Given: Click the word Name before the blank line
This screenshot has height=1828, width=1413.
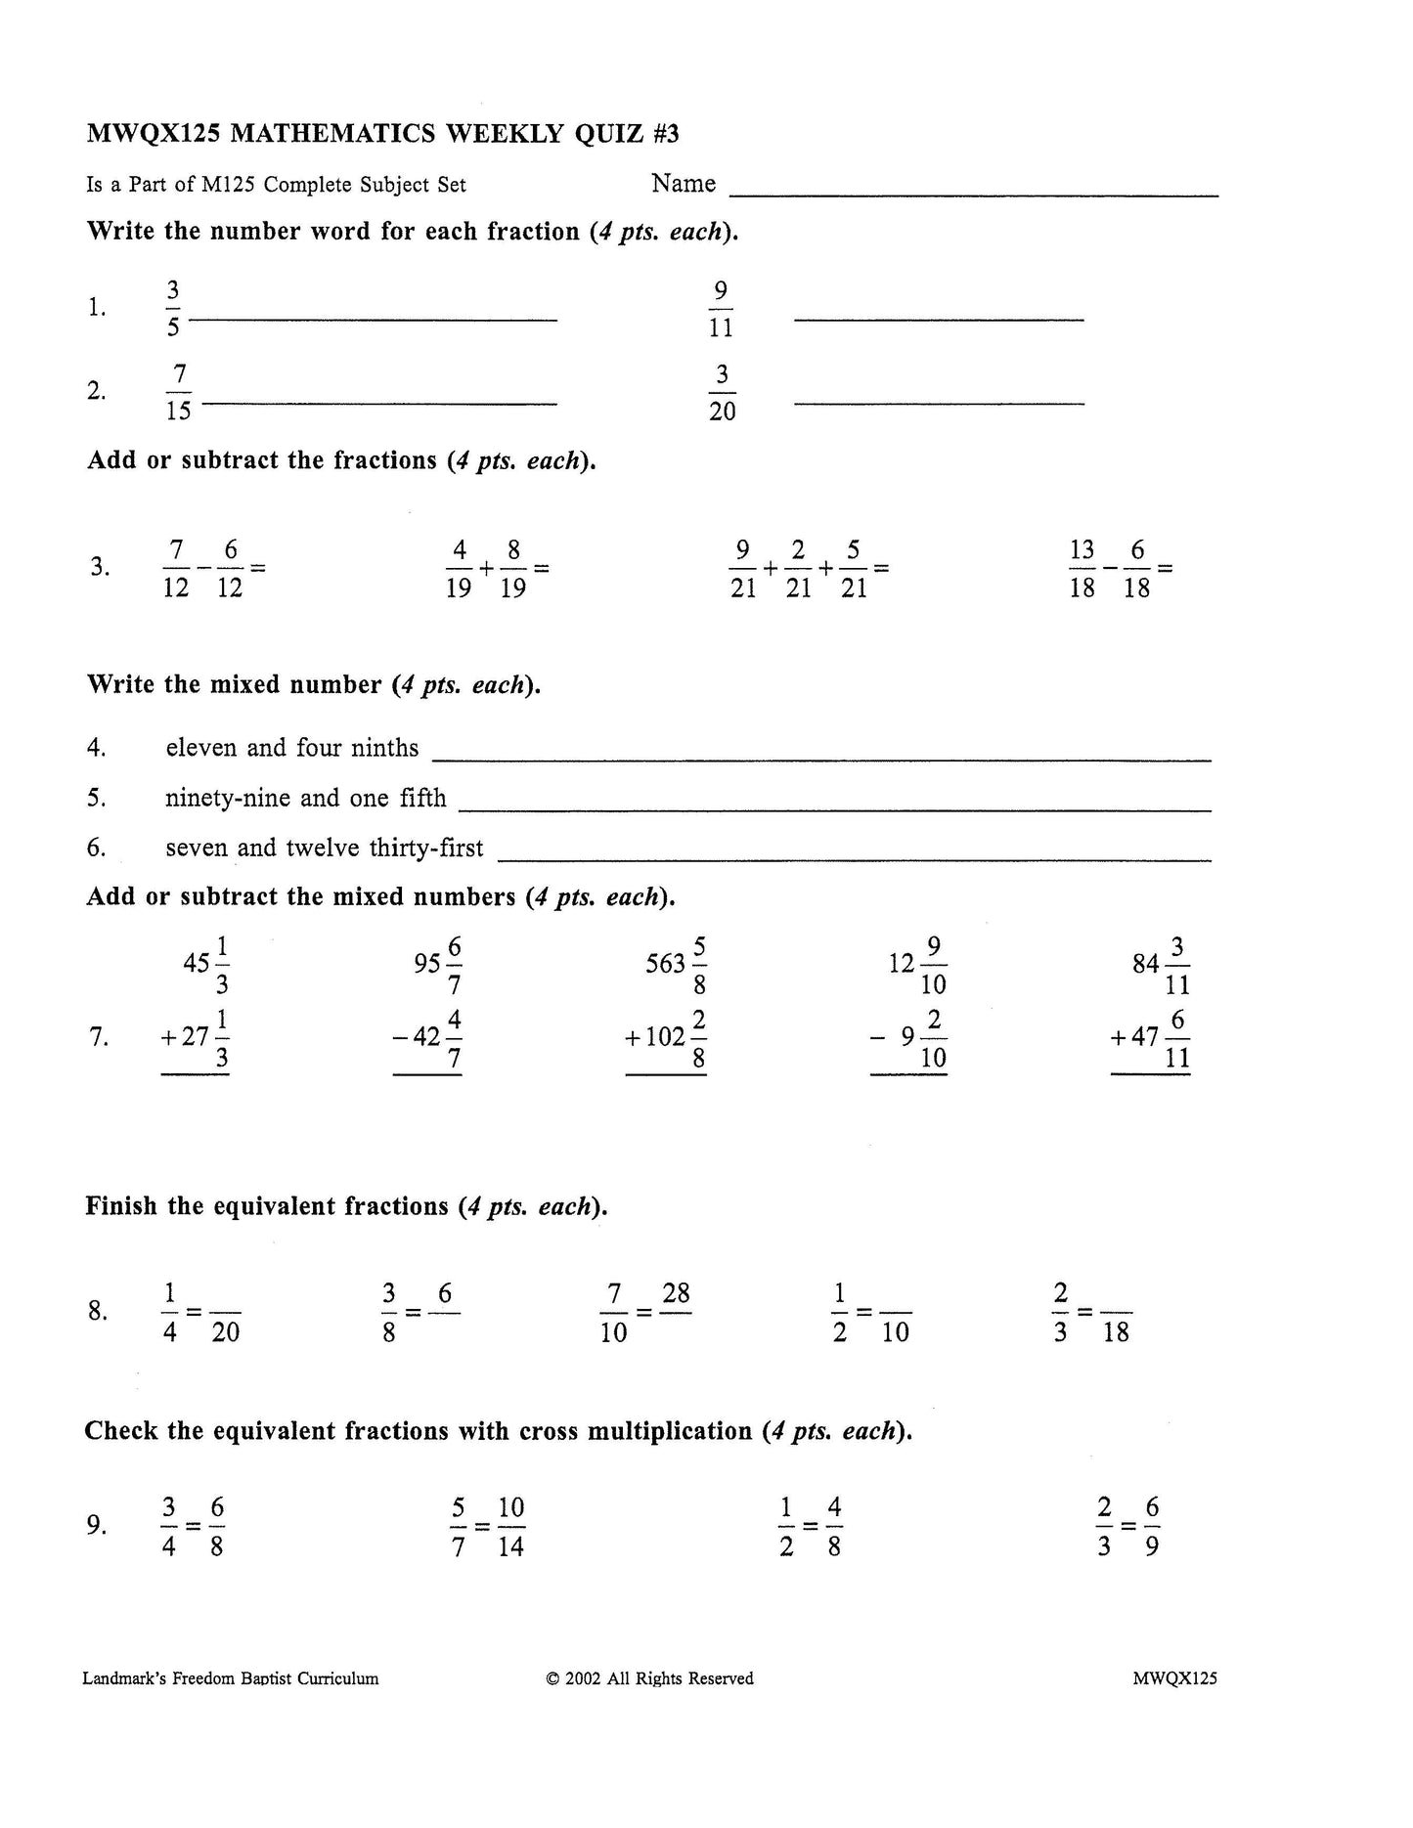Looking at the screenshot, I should click(684, 184).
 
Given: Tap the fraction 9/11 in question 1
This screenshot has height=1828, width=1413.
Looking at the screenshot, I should click(721, 309).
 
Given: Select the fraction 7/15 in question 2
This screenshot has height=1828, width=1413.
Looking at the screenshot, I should click(178, 392).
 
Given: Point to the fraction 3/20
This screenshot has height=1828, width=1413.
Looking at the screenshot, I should click(722, 392).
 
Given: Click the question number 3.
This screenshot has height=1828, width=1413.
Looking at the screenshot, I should click(100, 567).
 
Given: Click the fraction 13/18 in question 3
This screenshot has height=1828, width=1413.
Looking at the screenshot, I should click(1082, 568).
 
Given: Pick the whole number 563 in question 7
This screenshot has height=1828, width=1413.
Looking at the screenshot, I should click(665, 965).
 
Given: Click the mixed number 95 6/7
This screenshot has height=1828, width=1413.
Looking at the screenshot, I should click(439, 965).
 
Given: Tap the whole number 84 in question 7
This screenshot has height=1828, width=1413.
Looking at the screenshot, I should click(1145, 965).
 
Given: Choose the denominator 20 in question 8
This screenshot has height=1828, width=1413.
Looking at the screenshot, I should click(226, 1332).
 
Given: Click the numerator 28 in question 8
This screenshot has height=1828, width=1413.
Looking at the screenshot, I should click(676, 1294).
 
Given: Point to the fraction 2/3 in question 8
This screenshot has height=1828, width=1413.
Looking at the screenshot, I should click(1061, 1312).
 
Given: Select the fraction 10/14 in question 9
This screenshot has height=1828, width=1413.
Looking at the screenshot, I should click(511, 1526).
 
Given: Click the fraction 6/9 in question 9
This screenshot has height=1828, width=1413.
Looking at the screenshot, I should click(1152, 1526).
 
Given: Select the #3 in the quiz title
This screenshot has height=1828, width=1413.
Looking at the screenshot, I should click(665, 133).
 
